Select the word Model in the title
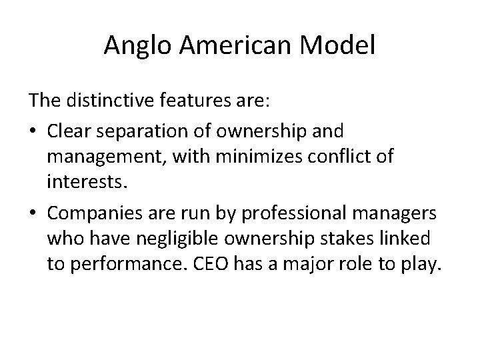click(341, 46)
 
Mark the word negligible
click(168, 239)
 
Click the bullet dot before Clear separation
click(33, 129)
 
